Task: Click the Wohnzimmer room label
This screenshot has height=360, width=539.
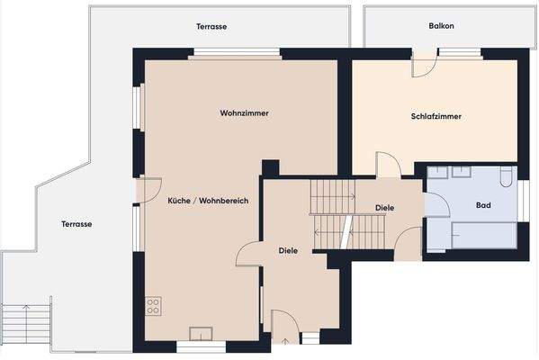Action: [244, 113]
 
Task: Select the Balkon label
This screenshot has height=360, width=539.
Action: [441, 26]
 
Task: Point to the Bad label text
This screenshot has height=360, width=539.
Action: [483, 205]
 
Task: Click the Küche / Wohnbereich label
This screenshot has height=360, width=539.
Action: [208, 200]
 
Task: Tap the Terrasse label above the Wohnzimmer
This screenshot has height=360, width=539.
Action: [211, 27]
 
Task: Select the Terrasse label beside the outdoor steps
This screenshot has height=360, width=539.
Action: [76, 223]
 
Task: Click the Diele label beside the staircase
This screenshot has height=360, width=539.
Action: [384, 208]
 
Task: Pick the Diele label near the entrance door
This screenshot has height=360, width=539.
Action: [288, 250]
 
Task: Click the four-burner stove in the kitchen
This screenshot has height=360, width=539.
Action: [153, 306]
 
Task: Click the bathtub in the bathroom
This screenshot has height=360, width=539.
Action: [482, 236]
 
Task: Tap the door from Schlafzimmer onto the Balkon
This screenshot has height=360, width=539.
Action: [423, 65]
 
